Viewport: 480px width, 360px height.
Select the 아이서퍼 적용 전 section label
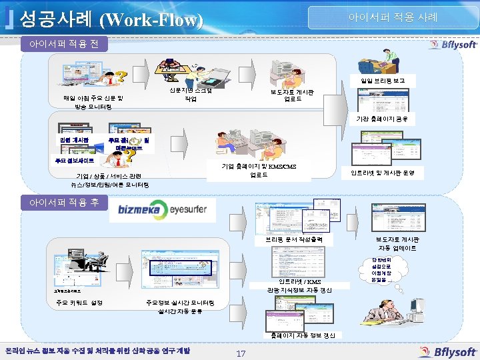pyautogui.click(x=61, y=45)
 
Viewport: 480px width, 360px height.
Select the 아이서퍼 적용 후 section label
pyautogui.click(x=61, y=201)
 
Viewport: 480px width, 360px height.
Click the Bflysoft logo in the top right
pyautogui.click(x=453, y=45)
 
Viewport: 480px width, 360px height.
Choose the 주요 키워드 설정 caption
pyautogui.click(x=79, y=303)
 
